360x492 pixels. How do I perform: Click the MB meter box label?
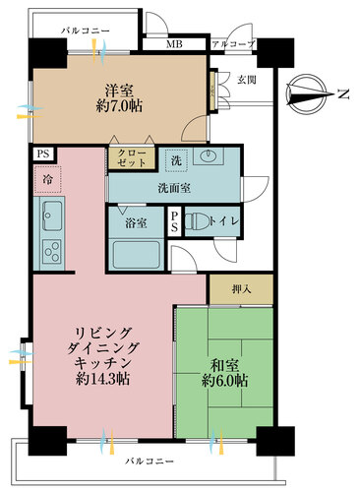174,44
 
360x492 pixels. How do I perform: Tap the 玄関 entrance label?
247,80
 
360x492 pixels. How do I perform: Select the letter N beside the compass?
343,94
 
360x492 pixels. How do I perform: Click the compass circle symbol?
306,94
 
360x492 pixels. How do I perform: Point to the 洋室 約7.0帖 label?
119,97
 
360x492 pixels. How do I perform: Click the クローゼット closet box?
132,158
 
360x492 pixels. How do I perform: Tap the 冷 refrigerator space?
47,179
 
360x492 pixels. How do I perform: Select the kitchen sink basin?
52,215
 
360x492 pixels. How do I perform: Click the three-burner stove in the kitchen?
52,252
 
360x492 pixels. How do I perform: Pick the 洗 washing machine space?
177,160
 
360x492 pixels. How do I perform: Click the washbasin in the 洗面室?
209,155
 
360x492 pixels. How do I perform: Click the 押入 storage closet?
241,289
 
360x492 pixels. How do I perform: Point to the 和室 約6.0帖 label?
224,373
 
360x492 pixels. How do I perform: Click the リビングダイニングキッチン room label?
102,356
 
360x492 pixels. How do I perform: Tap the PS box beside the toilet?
174,221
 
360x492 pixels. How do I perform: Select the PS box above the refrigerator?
43,154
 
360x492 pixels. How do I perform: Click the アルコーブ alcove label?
233,44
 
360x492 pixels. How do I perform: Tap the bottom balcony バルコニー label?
150,461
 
